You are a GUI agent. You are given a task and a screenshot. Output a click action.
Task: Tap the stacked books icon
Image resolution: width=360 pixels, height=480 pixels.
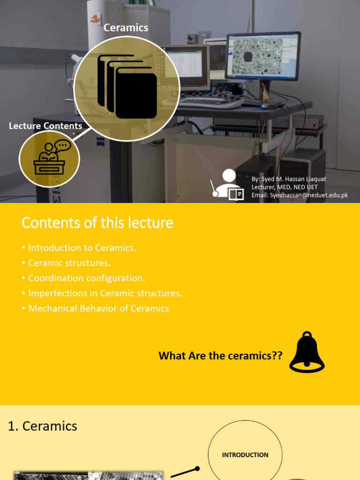tap(127, 86)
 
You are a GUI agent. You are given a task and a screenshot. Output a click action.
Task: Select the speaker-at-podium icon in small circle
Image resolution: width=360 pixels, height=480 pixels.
tap(49, 158)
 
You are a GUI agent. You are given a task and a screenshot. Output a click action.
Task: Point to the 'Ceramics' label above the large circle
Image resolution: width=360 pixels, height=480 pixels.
tap(126, 28)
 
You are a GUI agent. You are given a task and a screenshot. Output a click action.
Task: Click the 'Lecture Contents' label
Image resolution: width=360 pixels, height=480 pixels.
tap(45, 126)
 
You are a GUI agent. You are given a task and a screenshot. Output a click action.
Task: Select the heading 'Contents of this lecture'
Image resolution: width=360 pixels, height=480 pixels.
tap(97, 223)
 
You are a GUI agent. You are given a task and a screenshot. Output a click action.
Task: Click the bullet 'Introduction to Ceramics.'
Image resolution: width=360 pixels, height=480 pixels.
tap(82, 247)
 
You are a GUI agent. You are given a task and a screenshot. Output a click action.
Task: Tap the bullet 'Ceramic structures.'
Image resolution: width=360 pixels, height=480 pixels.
tap(69, 263)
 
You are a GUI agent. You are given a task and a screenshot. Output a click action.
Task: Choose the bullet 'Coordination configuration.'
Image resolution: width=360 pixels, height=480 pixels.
tap(87, 278)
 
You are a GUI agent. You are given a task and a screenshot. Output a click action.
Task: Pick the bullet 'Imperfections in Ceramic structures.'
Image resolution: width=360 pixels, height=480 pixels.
tap(105, 293)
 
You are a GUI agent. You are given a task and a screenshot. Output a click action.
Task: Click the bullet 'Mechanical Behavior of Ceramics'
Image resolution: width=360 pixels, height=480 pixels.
tap(98, 308)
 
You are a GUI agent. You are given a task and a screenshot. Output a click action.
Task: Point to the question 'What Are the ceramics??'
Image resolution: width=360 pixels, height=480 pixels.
tap(220, 356)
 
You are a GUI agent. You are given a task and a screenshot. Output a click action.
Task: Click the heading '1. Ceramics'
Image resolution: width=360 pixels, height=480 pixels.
tap(43, 426)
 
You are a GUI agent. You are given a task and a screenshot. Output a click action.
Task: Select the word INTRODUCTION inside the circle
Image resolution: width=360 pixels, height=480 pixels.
tap(245, 455)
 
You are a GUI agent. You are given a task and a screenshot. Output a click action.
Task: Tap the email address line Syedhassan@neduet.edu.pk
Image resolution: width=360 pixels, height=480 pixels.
tap(300, 195)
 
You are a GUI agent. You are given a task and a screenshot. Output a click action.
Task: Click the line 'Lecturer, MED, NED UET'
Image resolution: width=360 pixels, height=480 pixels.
tap(285, 187)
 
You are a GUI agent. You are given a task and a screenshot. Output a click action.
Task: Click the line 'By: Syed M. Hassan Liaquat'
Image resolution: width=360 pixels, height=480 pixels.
tap(289, 179)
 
